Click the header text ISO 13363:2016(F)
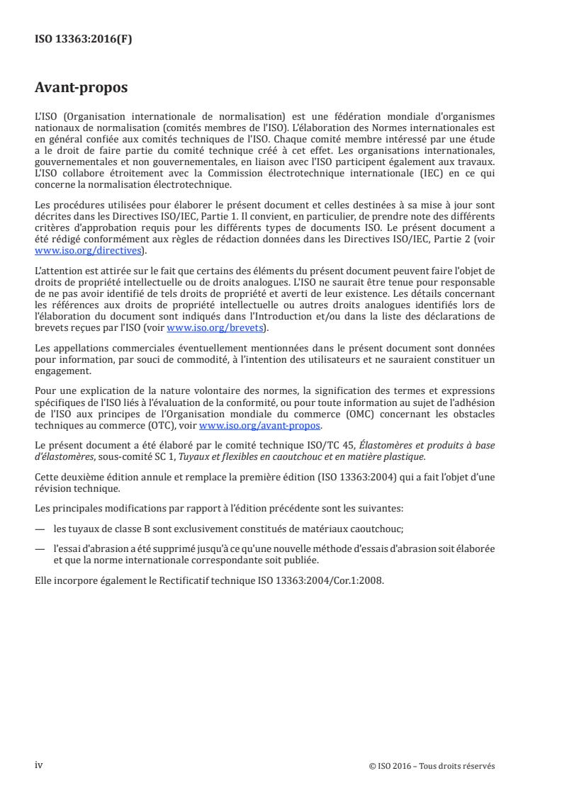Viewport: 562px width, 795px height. (x=83, y=40)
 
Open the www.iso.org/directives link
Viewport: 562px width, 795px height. (x=90, y=251)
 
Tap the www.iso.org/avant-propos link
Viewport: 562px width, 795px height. (x=260, y=425)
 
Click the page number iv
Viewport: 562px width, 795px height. (x=40, y=765)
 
